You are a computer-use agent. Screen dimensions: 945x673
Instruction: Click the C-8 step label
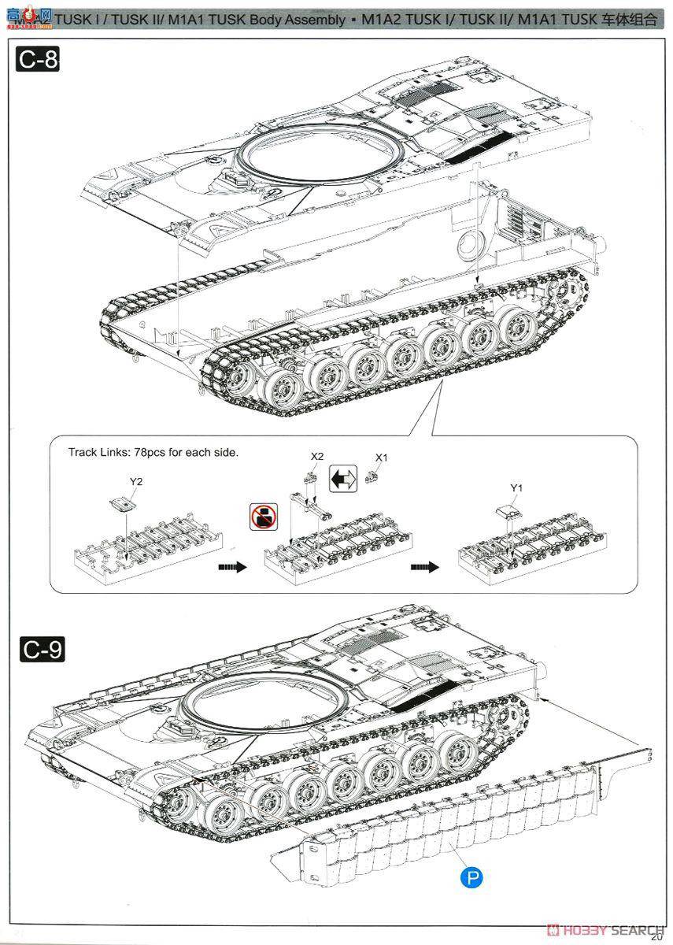[38, 60]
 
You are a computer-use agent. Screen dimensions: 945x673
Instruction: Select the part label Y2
[136, 481]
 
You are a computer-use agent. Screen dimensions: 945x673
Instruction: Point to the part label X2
[317, 457]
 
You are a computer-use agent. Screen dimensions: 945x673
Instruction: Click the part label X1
[381, 458]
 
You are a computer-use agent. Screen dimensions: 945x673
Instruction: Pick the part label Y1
[516, 488]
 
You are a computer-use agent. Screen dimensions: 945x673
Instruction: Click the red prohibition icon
[263, 517]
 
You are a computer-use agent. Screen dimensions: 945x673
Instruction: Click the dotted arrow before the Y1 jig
[423, 566]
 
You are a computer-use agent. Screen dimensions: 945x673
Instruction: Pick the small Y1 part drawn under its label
[507, 510]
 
